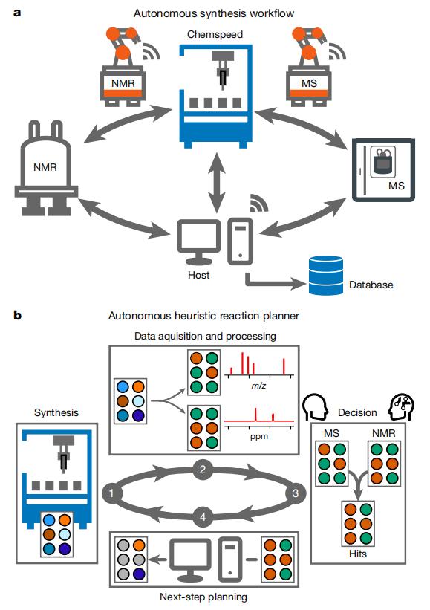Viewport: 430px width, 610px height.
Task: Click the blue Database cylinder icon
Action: pyautogui.click(x=326, y=275)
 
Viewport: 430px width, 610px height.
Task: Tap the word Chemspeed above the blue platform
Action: pyautogui.click(x=215, y=34)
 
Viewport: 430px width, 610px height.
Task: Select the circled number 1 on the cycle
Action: pyautogui.click(x=111, y=493)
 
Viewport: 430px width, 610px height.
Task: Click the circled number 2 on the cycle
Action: pyautogui.click(x=203, y=469)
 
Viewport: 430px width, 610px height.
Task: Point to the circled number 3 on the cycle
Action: pyautogui.click(x=295, y=493)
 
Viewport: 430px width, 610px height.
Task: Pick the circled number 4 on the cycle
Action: pyautogui.click(x=203, y=517)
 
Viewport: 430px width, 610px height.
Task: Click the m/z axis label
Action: pyautogui.click(x=258, y=386)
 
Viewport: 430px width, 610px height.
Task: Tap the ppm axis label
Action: pyautogui.click(x=259, y=436)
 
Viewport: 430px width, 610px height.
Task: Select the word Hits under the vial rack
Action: pyautogui.click(x=358, y=554)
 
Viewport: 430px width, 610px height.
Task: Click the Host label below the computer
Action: pyautogui.click(x=199, y=275)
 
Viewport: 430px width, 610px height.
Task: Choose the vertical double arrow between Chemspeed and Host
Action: pyautogui.click(x=217, y=182)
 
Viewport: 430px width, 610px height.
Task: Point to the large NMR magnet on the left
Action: pyautogui.click(x=46, y=168)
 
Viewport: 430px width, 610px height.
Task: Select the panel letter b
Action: pyautogui.click(x=17, y=315)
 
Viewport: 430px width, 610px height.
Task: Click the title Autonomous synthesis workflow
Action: pyautogui.click(x=214, y=13)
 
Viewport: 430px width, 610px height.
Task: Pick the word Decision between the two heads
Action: pyautogui.click(x=357, y=412)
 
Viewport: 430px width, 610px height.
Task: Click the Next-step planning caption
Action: pyautogui.click(x=203, y=597)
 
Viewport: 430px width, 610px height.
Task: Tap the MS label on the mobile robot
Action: pyautogui.click(x=309, y=83)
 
